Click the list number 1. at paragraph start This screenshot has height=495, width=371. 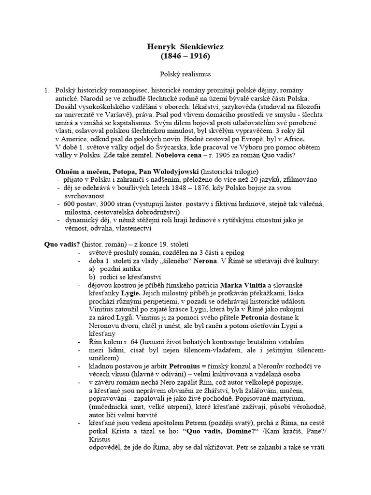[x=47, y=90]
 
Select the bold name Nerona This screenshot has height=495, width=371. [x=206, y=262]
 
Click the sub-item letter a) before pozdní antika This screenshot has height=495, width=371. [x=92, y=270]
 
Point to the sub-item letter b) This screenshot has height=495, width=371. [x=92, y=278]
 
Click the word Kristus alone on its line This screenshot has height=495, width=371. [x=100, y=440]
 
